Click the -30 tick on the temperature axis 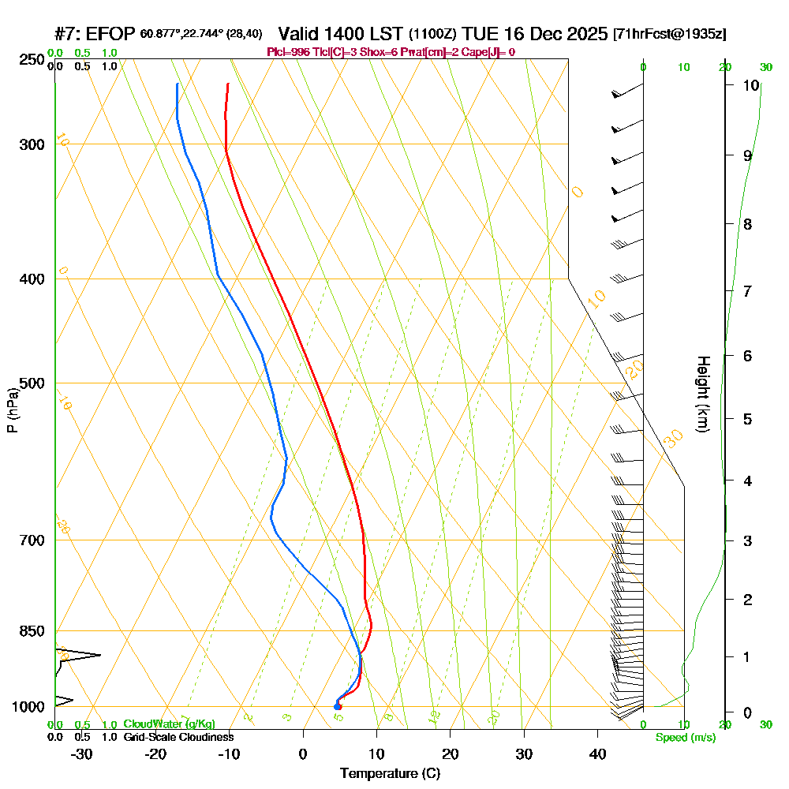pyautogui.click(x=82, y=753)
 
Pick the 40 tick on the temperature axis pyautogui.click(x=597, y=753)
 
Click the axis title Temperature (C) pyautogui.click(x=390, y=773)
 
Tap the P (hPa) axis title pyautogui.click(x=12, y=409)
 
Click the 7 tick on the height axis pyautogui.click(x=746, y=291)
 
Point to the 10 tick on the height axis pyautogui.click(x=751, y=85)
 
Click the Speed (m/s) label pyautogui.click(x=685, y=737)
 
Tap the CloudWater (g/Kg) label pyautogui.click(x=169, y=724)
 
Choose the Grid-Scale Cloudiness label pyautogui.click(x=178, y=737)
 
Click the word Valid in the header pyautogui.click(x=302, y=34)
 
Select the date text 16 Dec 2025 pyautogui.click(x=557, y=34)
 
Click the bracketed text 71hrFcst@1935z pyautogui.click(x=669, y=35)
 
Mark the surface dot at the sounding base pyautogui.click(x=338, y=706)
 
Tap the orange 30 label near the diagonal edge pyautogui.click(x=673, y=439)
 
